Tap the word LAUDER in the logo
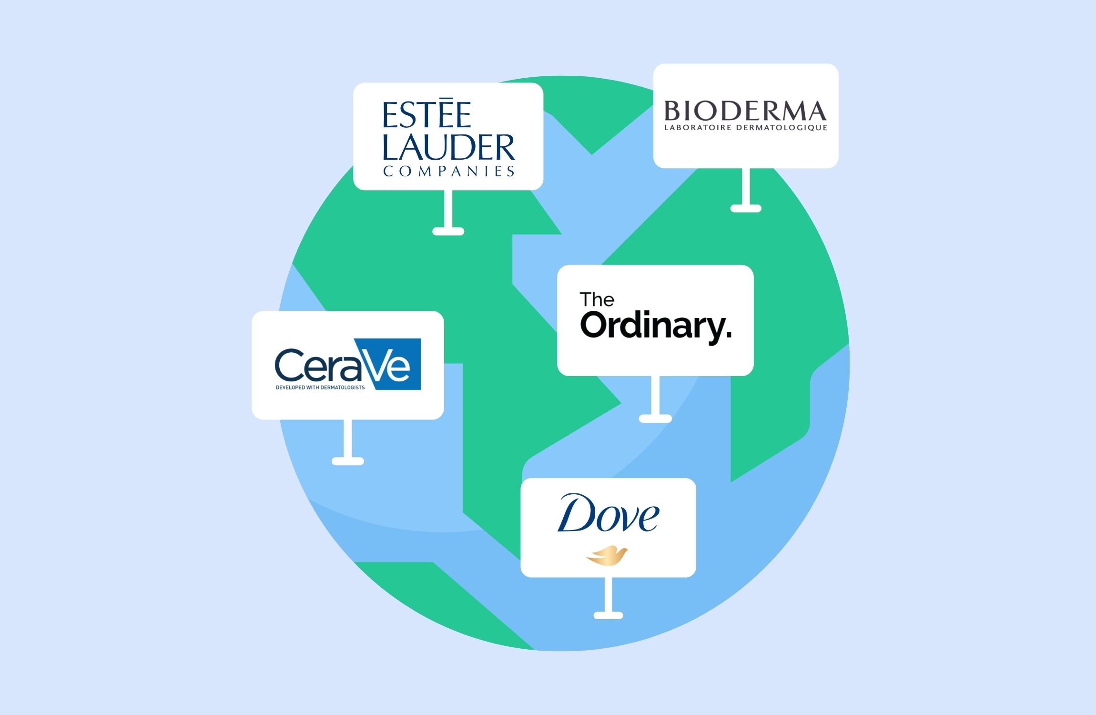(x=449, y=147)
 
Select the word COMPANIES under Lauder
(x=449, y=171)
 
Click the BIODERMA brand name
(x=745, y=111)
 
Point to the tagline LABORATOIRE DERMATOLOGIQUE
(x=746, y=128)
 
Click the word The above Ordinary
(x=597, y=300)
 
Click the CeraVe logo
(x=348, y=364)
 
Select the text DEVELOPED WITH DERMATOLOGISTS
(x=320, y=388)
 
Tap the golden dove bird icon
(x=607, y=556)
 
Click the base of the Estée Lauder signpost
(x=448, y=232)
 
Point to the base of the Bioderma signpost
(x=746, y=208)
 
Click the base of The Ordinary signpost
(x=655, y=419)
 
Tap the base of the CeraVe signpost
(x=348, y=461)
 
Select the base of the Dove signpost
(x=608, y=615)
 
